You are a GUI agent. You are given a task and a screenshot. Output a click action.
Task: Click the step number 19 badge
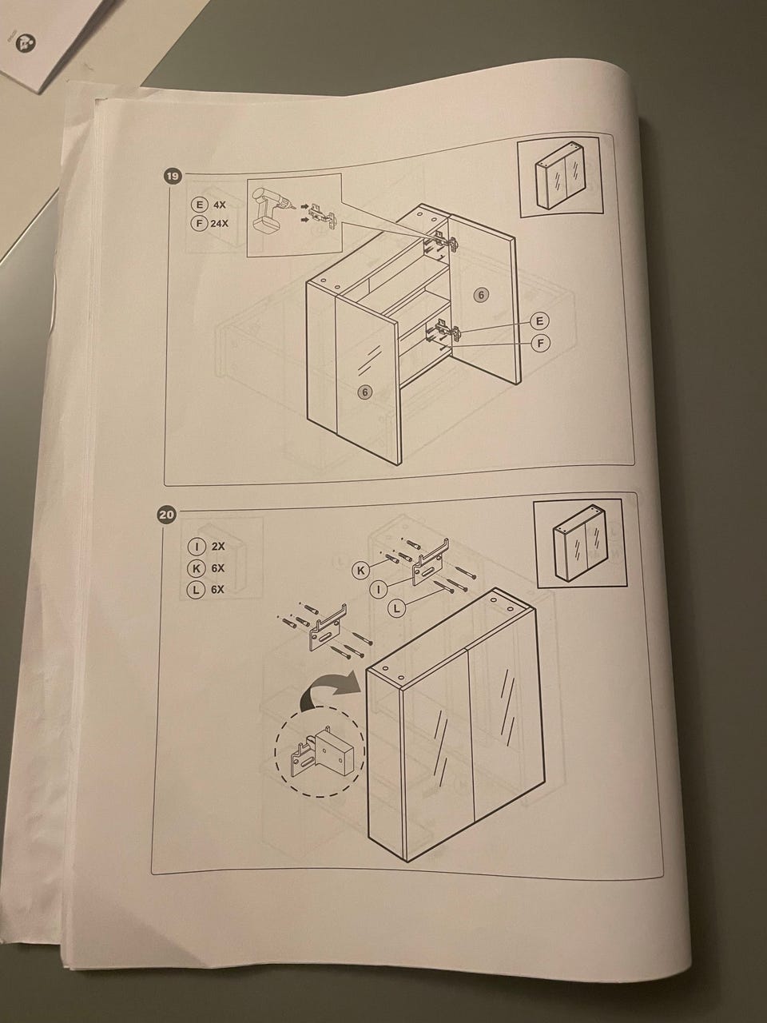point(173,176)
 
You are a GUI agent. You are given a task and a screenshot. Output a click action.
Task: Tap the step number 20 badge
point(166,515)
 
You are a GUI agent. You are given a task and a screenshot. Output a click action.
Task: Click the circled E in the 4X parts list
point(198,204)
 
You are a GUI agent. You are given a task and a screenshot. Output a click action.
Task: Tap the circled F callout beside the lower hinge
point(541,344)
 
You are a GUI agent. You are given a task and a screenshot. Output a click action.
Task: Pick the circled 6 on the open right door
point(482,295)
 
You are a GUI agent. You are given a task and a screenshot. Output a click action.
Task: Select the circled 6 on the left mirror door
point(365,392)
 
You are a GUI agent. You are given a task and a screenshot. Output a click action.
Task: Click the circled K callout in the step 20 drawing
point(362,570)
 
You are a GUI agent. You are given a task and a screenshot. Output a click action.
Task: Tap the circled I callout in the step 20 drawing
point(379,590)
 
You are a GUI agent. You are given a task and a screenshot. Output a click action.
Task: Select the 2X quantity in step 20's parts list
point(218,546)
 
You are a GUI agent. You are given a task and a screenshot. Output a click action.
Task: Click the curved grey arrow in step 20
point(331,693)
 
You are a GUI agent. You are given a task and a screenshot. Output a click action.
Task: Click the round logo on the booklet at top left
point(24,43)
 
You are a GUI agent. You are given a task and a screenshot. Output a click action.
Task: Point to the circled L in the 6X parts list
point(196,590)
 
